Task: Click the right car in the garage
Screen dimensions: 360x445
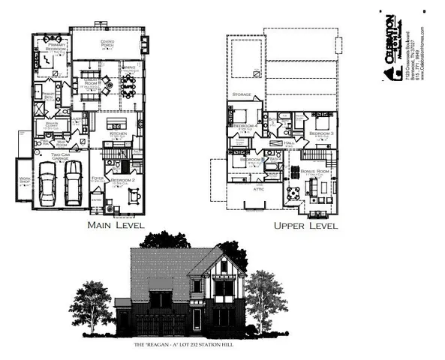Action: point(73,183)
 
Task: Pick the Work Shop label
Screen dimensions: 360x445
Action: point(25,179)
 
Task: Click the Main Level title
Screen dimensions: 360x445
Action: point(116,225)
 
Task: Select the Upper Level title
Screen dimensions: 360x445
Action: point(305,225)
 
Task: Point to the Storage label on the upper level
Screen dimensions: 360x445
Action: point(241,94)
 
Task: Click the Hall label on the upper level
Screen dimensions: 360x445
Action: point(288,142)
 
